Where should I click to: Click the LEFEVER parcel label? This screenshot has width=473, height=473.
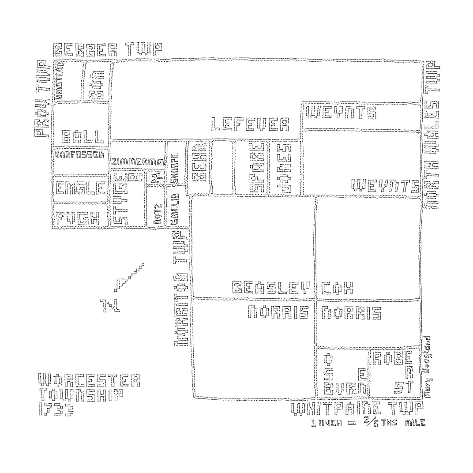click(250, 124)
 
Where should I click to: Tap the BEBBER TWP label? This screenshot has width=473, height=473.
click(108, 50)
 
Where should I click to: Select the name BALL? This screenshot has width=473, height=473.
click(83, 136)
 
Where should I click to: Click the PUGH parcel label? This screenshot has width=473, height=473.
click(77, 218)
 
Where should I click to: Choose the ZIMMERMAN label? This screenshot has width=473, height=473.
click(137, 162)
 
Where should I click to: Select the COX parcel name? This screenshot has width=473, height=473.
click(338, 288)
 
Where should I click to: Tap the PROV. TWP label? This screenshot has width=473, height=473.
click(43, 99)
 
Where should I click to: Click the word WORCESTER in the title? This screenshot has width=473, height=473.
click(89, 380)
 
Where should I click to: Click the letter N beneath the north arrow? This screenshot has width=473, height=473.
click(107, 305)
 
